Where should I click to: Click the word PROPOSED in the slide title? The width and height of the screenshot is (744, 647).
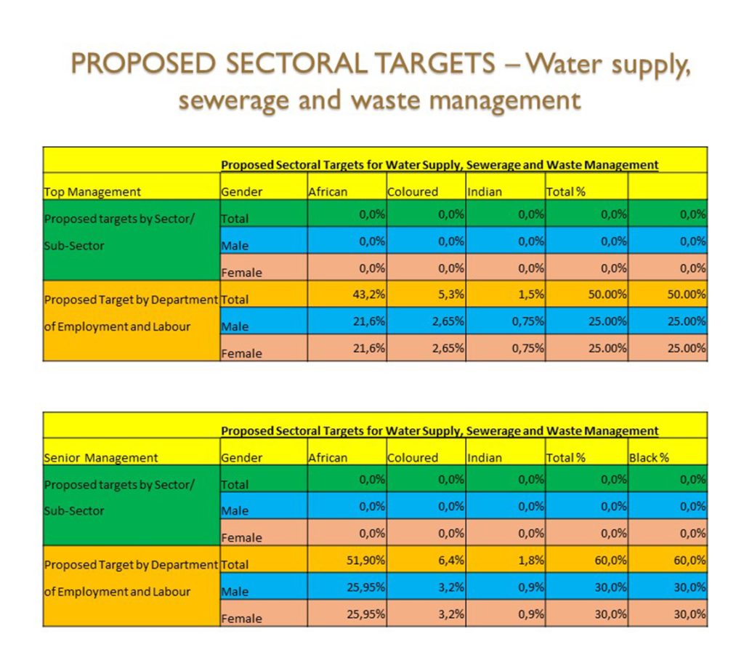pos(142,64)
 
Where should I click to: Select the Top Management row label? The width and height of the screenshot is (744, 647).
pos(92,192)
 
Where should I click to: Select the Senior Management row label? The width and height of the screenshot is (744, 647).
pos(101,458)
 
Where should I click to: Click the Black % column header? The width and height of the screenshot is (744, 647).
pos(649,458)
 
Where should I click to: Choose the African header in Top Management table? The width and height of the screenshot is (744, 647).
pos(328,192)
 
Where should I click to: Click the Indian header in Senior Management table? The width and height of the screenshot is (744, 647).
pos(485,458)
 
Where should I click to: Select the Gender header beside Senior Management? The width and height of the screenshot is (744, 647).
pos(242,458)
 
